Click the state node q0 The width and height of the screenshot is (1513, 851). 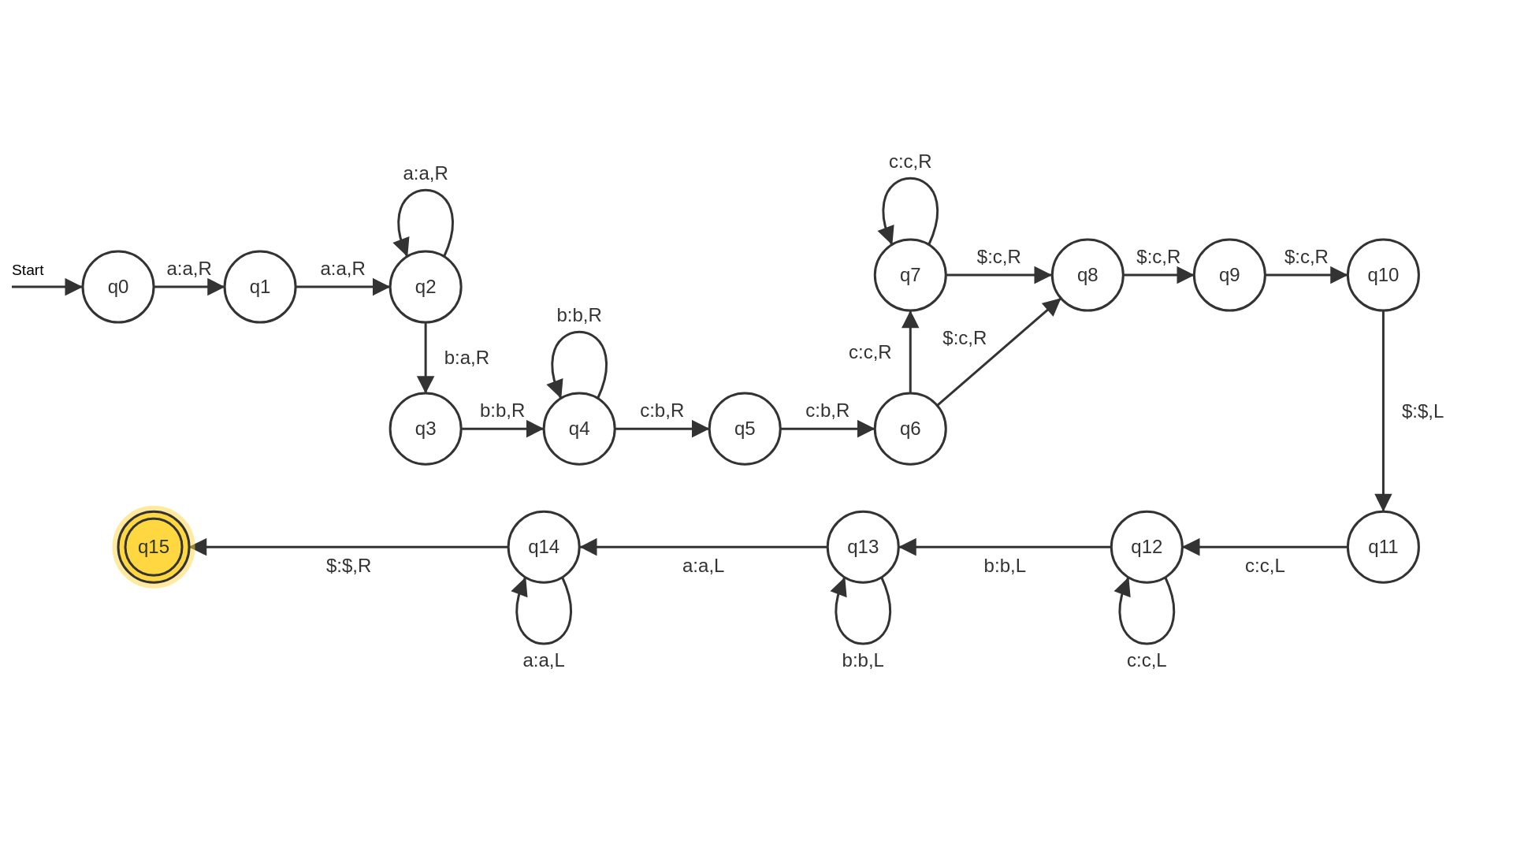pos(118,287)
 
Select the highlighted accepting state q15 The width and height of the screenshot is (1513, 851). pos(154,547)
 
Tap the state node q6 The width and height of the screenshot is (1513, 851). pos(910,429)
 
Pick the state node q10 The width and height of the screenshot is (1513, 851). pos(1383,275)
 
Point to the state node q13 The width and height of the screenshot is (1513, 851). pos(863,547)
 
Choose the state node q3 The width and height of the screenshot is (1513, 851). pos(426,429)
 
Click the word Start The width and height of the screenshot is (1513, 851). pos(28,270)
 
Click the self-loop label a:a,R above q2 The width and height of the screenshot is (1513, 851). pos(426,173)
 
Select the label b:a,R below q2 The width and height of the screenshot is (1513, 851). pos(467,358)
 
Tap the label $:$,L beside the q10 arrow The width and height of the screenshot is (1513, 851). pos(1422,411)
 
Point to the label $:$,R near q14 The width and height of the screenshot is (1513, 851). pos(348,566)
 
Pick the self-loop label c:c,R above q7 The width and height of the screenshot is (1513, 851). pos(910,162)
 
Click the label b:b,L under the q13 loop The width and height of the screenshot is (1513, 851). pos(863,660)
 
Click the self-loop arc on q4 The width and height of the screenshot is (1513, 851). pos(579,333)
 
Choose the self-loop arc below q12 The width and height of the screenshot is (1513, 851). pos(1147,643)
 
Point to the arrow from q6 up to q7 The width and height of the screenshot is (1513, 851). pos(910,352)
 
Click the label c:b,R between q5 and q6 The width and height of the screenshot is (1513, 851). pos(827,411)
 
